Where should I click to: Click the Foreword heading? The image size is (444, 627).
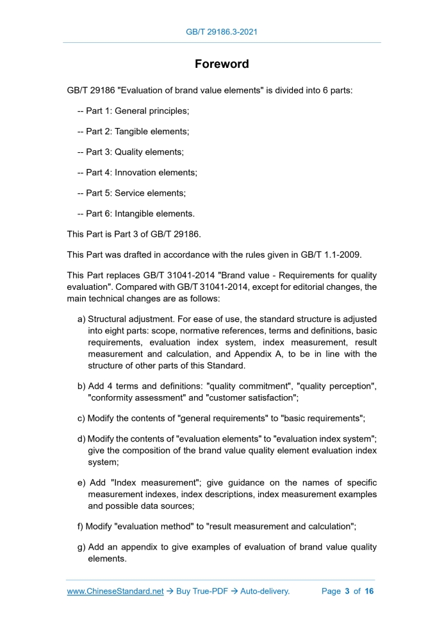point(222,65)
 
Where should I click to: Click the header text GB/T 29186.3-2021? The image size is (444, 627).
point(222,31)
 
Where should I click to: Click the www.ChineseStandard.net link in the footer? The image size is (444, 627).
point(115,591)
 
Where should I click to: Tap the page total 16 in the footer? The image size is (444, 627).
point(369,591)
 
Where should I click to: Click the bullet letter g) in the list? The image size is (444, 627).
point(81,547)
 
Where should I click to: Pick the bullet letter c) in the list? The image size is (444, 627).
point(81,418)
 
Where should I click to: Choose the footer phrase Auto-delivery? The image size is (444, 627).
point(265,591)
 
